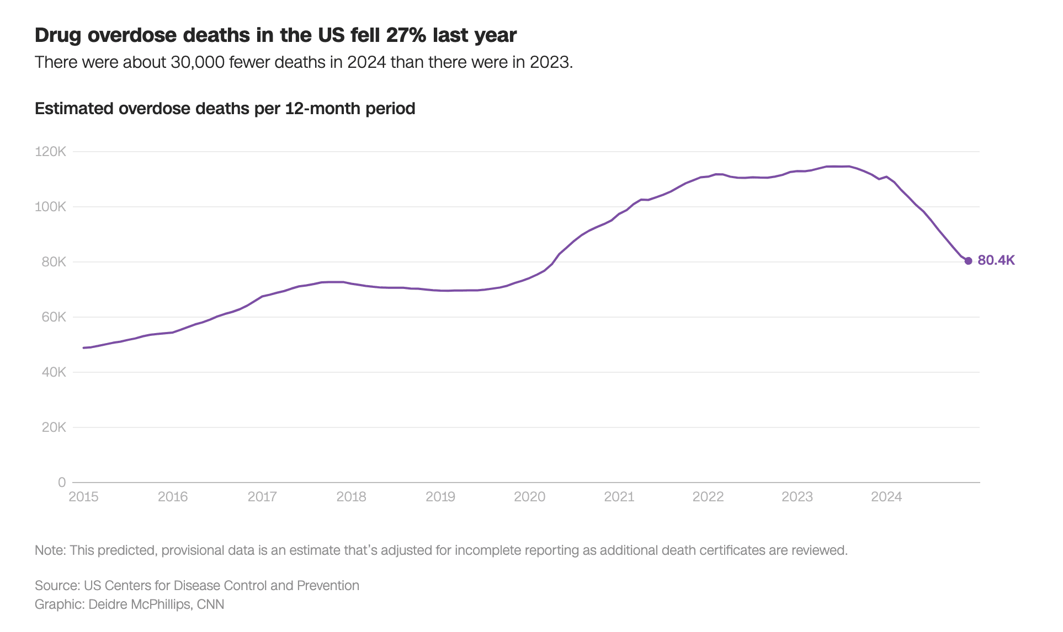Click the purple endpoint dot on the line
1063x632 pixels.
coord(968,261)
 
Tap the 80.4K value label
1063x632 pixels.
coord(996,260)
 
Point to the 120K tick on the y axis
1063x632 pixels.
coord(50,152)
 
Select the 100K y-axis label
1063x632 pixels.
coord(50,207)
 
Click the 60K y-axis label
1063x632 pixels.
coord(54,317)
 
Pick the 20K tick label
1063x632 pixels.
coord(54,427)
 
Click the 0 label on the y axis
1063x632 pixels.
coord(62,483)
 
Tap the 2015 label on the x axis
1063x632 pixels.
coord(83,497)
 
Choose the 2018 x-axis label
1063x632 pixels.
coord(351,497)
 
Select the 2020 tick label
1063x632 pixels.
coord(529,497)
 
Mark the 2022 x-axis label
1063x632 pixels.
coord(708,497)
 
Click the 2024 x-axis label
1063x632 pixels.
coord(886,497)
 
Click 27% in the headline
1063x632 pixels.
coord(406,35)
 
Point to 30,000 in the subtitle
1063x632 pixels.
coord(198,62)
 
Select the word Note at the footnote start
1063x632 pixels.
coord(50,550)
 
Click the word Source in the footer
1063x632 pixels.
coord(56,586)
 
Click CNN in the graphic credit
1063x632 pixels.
coord(210,604)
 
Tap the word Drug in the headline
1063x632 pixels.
coord(59,35)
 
